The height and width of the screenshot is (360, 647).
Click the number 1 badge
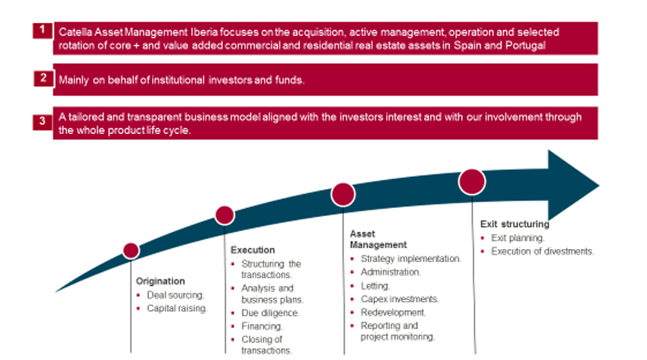coord(43,30)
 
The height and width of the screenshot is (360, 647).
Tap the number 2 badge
coord(44,78)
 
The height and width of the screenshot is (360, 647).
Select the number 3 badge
coord(43,122)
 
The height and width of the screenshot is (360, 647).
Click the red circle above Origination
coord(132,251)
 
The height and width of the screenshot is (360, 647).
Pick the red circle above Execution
coord(224,215)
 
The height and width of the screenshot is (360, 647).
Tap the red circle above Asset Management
coord(343,195)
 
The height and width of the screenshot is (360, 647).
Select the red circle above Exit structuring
coord(472,182)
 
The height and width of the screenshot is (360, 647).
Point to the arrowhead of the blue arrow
coord(574,185)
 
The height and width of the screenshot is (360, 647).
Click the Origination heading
coord(160,281)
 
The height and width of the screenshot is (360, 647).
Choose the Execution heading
coord(252,250)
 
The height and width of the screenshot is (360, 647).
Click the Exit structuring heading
coord(515,224)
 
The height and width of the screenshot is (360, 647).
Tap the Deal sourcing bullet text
coord(176,295)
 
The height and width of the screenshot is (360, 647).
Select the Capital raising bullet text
coord(177,308)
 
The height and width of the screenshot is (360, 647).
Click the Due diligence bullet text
coord(270,313)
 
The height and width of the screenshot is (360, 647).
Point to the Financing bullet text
coord(262,326)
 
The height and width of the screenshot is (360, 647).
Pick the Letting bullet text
coord(375,286)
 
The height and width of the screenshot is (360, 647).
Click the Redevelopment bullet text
coord(393,312)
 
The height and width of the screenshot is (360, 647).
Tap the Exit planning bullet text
coord(518,238)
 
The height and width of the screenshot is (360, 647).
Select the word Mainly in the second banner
coord(73,80)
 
